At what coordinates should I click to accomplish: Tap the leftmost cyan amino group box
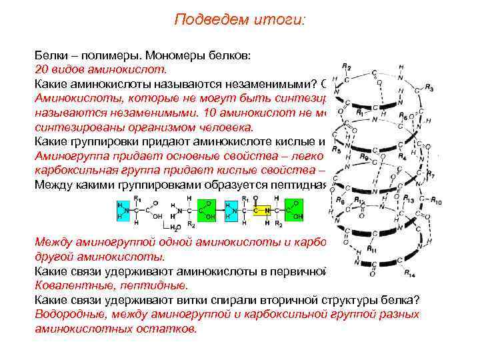[x=122, y=211]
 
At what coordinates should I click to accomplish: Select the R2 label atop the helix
[x=347, y=67]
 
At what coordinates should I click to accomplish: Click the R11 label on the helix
[x=371, y=249]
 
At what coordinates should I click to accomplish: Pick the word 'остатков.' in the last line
[x=175, y=329]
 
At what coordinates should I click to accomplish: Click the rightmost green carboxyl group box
[x=294, y=211]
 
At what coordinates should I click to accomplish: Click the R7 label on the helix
[x=431, y=175]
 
